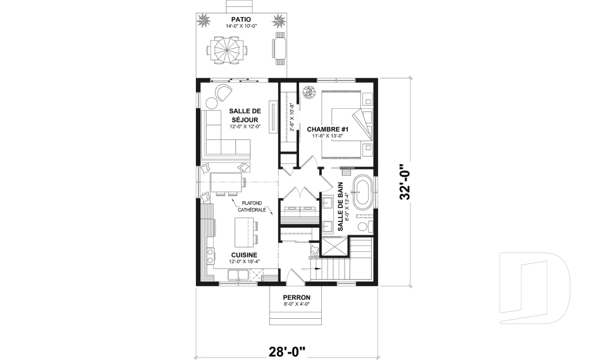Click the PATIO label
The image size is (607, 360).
tap(241, 20)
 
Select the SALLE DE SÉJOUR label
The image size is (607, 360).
tap(245, 115)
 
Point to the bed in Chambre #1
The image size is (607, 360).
tap(345, 125)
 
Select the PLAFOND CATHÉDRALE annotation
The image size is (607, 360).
tap(252, 206)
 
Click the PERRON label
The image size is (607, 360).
tap(297, 297)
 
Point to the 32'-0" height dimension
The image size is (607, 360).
tap(405, 181)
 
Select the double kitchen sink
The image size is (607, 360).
tap(238, 275)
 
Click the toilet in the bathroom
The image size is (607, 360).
tap(365, 227)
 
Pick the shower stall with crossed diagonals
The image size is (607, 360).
tap(334, 247)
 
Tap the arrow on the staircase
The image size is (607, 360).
tap(315, 268)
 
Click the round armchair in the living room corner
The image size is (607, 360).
tap(223, 92)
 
